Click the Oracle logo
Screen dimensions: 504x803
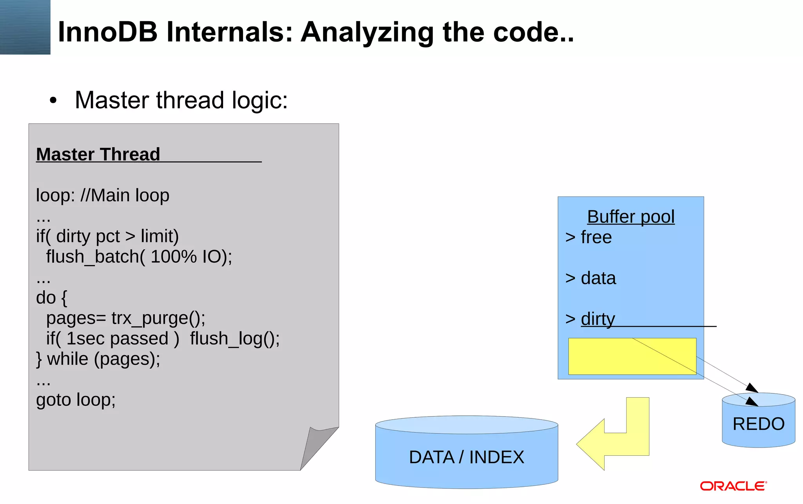tap(733, 486)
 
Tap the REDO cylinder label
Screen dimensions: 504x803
tap(758, 424)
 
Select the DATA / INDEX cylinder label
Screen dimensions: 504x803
tap(466, 457)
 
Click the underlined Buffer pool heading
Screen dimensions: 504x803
tap(630, 217)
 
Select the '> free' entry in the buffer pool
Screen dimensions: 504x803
tap(589, 237)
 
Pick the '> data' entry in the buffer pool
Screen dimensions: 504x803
tap(590, 278)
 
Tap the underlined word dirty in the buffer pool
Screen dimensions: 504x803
tap(598, 319)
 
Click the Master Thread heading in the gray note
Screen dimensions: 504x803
tap(98, 154)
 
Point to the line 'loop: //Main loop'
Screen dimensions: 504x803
tap(102, 195)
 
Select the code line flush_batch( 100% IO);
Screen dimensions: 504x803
tap(139, 257)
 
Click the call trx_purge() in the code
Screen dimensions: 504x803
tap(158, 318)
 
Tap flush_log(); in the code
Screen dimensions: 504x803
tap(234, 338)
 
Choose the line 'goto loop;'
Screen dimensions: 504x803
tap(76, 400)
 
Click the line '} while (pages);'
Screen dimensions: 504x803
tap(98, 359)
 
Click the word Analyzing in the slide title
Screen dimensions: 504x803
tap(367, 32)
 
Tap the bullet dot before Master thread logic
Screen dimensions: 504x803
tap(53, 100)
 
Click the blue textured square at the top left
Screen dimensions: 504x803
tap(25, 27)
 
